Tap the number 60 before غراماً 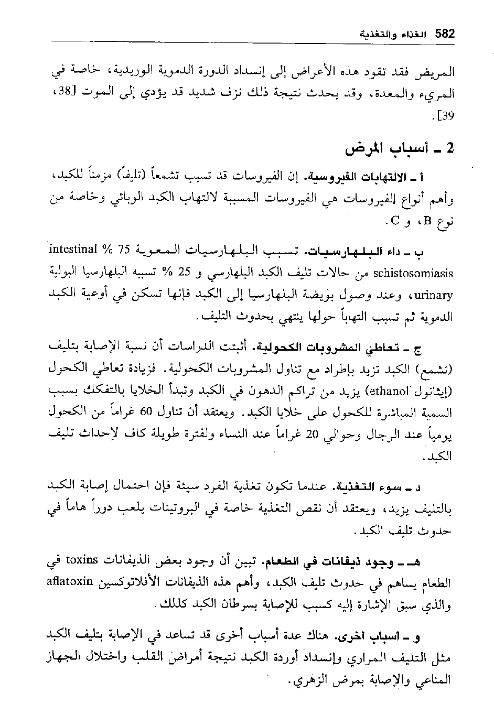[135, 413]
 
